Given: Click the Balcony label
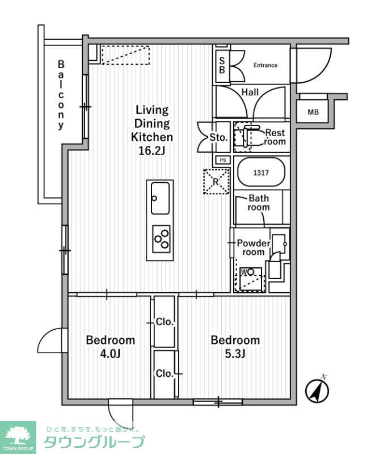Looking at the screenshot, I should click(x=61, y=95).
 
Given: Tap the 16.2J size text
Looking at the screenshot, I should click(x=151, y=150).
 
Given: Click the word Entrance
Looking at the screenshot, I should click(x=265, y=65).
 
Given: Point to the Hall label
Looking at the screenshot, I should click(x=250, y=92).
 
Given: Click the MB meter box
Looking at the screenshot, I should click(x=313, y=112).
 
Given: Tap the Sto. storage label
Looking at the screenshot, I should click(x=218, y=137).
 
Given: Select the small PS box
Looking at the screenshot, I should click(x=223, y=160).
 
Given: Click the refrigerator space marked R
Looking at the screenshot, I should click(x=216, y=182).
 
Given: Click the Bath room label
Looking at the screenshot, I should click(x=259, y=203).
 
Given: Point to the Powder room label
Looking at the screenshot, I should click(x=254, y=247).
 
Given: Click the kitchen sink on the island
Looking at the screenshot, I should click(x=159, y=199).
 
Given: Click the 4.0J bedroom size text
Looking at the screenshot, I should click(x=111, y=355).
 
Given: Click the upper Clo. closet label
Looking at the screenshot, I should click(x=165, y=322).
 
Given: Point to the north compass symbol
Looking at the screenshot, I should click(x=318, y=390).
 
